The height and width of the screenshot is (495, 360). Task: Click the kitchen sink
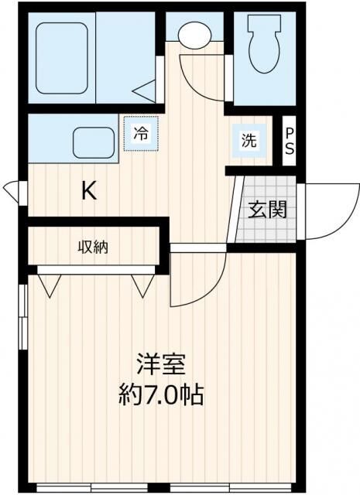point(94,142)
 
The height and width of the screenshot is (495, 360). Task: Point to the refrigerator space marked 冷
point(140,133)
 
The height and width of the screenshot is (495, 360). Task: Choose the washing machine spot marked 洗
point(249,141)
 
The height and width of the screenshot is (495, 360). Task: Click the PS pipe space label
point(289,142)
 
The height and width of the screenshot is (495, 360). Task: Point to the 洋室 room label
point(161,363)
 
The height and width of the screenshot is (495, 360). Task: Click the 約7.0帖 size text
point(161,396)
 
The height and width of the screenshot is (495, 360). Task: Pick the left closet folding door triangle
point(50,285)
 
